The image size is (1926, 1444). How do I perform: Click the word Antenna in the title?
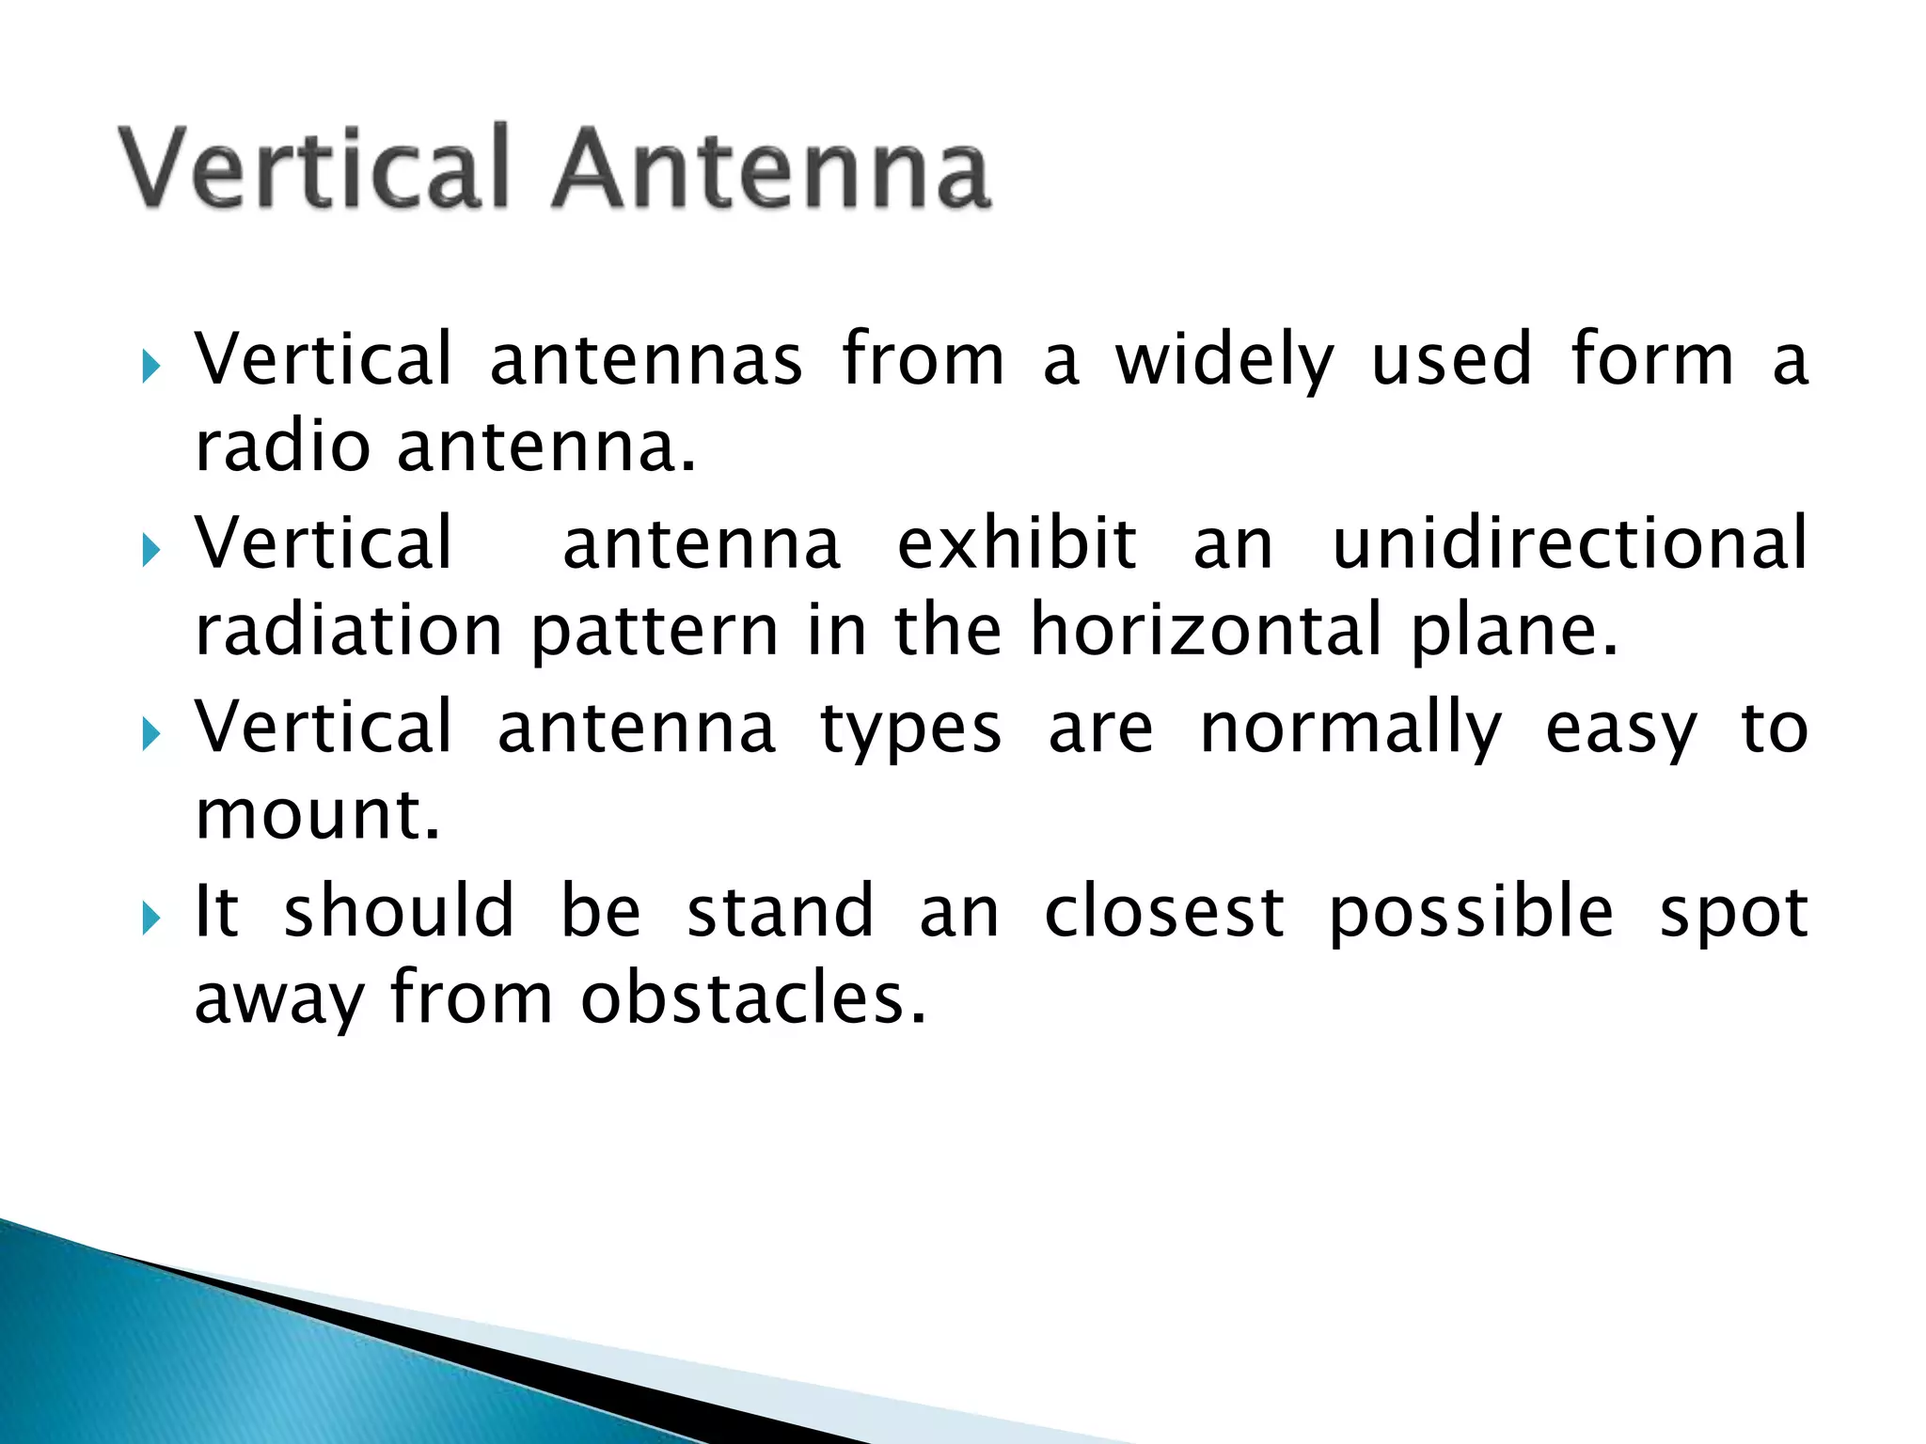771,169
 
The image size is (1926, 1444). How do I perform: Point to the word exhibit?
1018,543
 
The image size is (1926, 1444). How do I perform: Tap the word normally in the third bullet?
1350,730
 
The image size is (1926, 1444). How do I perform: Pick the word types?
910,730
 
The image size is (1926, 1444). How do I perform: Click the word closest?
1164,912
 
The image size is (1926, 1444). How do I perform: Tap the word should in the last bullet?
399,912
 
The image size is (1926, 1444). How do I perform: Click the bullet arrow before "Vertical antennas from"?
150,367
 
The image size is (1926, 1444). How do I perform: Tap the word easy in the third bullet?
1621,730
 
